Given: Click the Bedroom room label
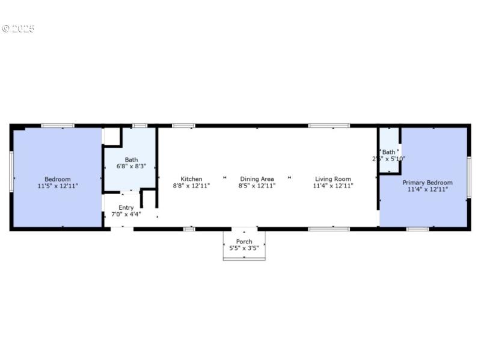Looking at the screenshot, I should point(58,179).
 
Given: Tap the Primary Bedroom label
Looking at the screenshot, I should point(427,182).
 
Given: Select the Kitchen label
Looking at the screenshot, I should point(191,178).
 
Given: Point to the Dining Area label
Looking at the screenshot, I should point(257,178).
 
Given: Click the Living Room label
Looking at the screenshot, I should point(332,178).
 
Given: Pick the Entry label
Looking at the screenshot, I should point(126,207).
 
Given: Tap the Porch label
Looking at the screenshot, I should point(244,242).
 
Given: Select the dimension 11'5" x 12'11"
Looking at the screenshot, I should point(58,186).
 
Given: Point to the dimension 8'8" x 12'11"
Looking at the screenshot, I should point(191,186).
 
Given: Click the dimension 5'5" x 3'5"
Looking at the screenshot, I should point(244,249).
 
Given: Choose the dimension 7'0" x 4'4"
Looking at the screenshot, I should point(126,214).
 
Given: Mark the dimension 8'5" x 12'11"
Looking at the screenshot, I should point(257,186).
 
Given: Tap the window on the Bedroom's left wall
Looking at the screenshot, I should point(11,171).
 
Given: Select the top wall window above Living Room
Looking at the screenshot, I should point(329,126).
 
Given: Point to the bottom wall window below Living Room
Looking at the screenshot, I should point(329,228).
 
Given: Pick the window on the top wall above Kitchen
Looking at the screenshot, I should point(183,126).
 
